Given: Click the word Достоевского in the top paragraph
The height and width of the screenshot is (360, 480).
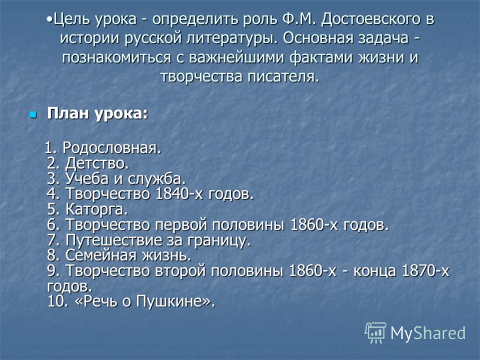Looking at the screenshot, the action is coord(370,19).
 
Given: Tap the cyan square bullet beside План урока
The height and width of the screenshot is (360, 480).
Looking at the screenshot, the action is coord(33,115).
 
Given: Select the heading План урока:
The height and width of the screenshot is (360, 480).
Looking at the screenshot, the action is coord(97,114).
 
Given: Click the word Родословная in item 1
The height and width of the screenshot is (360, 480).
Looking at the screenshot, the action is coord(112,148).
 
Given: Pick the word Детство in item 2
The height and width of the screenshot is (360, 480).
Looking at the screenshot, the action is coord(97,163).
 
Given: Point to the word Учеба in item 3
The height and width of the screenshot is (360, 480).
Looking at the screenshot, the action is coord(87,179).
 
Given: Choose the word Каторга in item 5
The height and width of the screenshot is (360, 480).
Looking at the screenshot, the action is coord(97,209).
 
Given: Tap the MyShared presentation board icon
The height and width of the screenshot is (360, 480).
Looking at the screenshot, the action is coord(376,333).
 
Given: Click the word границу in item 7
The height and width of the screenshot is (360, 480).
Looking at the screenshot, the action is coord(218,241).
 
